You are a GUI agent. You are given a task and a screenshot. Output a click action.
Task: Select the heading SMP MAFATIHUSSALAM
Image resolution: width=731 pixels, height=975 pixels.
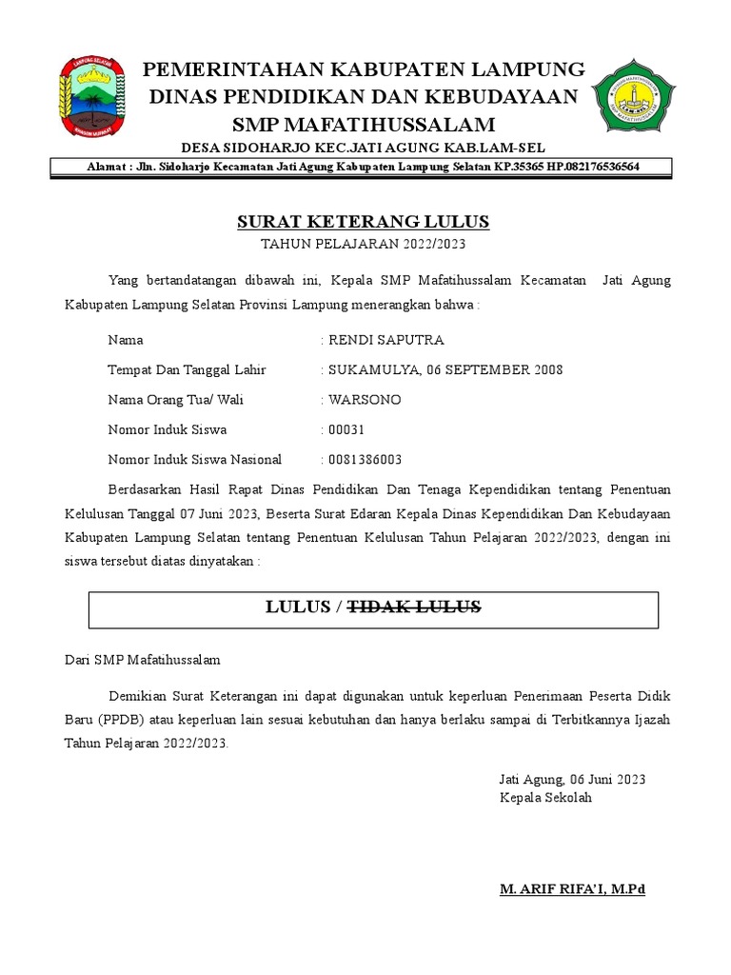pyautogui.click(x=365, y=125)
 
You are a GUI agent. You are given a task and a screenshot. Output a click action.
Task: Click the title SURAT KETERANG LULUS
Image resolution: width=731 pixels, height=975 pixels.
pyautogui.click(x=363, y=222)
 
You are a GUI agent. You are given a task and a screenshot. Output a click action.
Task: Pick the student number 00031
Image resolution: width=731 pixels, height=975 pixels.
pyautogui.click(x=346, y=429)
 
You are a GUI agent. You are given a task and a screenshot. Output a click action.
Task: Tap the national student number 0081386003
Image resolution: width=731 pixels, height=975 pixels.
pyautogui.click(x=365, y=460)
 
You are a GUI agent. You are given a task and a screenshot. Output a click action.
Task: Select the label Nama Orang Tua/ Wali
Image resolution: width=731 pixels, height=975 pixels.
pyautogui.click(x=176, y=400)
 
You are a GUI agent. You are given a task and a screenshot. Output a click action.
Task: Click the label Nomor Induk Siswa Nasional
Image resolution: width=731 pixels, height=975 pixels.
pyautogui.click(x=195, y=460)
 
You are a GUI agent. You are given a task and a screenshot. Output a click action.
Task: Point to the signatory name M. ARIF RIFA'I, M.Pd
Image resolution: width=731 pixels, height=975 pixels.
pyautogui.click(x=572, y=889)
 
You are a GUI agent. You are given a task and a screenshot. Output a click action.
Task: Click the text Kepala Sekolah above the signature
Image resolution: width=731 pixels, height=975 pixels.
pyautogui.click(x=545, y=797)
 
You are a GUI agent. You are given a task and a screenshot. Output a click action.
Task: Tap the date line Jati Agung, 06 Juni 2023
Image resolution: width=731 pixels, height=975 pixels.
pyautogui.click(x=572, y=779)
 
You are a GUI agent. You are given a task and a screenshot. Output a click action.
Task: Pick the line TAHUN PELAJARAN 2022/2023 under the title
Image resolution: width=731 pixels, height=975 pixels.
pyautogui.click(x=363, y=245)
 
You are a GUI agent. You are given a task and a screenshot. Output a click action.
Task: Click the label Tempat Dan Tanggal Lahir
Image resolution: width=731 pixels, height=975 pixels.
pyautogui.click(x=188, y=369)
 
